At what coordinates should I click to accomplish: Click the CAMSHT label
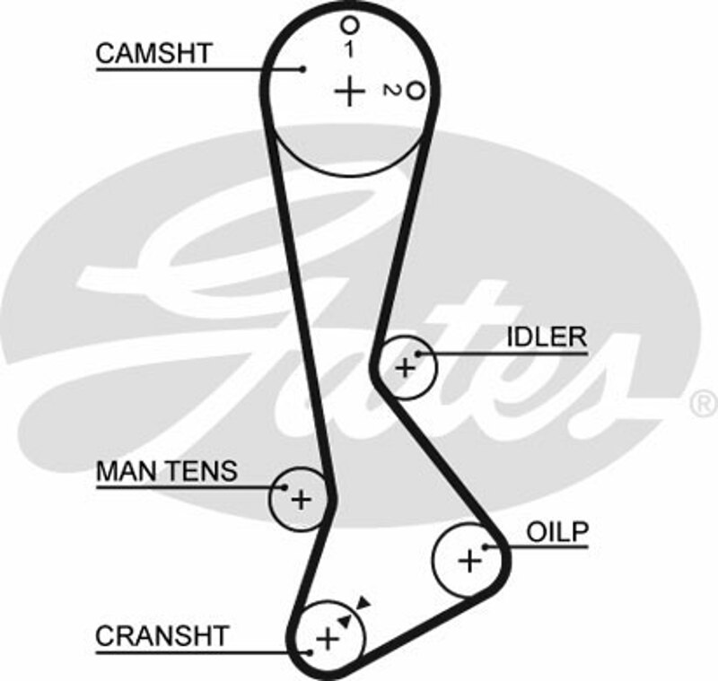coord(153,53)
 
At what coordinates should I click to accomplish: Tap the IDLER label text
coord(546,337)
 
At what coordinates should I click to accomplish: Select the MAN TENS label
coord(166,470)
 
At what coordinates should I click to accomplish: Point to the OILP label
coord(556,531)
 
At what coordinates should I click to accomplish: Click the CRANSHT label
coord(162,636)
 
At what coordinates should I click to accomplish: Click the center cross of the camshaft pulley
coord(349,91)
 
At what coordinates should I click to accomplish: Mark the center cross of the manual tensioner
coord(301,499)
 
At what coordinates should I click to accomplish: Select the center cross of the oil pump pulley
coord(469,561)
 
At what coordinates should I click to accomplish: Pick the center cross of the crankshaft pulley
coord(328,639)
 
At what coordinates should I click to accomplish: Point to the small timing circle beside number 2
coord(414,91)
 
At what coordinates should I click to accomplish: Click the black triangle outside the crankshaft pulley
coord(362,602)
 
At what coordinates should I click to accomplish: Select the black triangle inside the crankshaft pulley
coord(344,620)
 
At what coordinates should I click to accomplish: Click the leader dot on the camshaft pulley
coord(303,68)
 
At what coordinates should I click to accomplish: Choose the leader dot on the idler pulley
coord(416,354)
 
